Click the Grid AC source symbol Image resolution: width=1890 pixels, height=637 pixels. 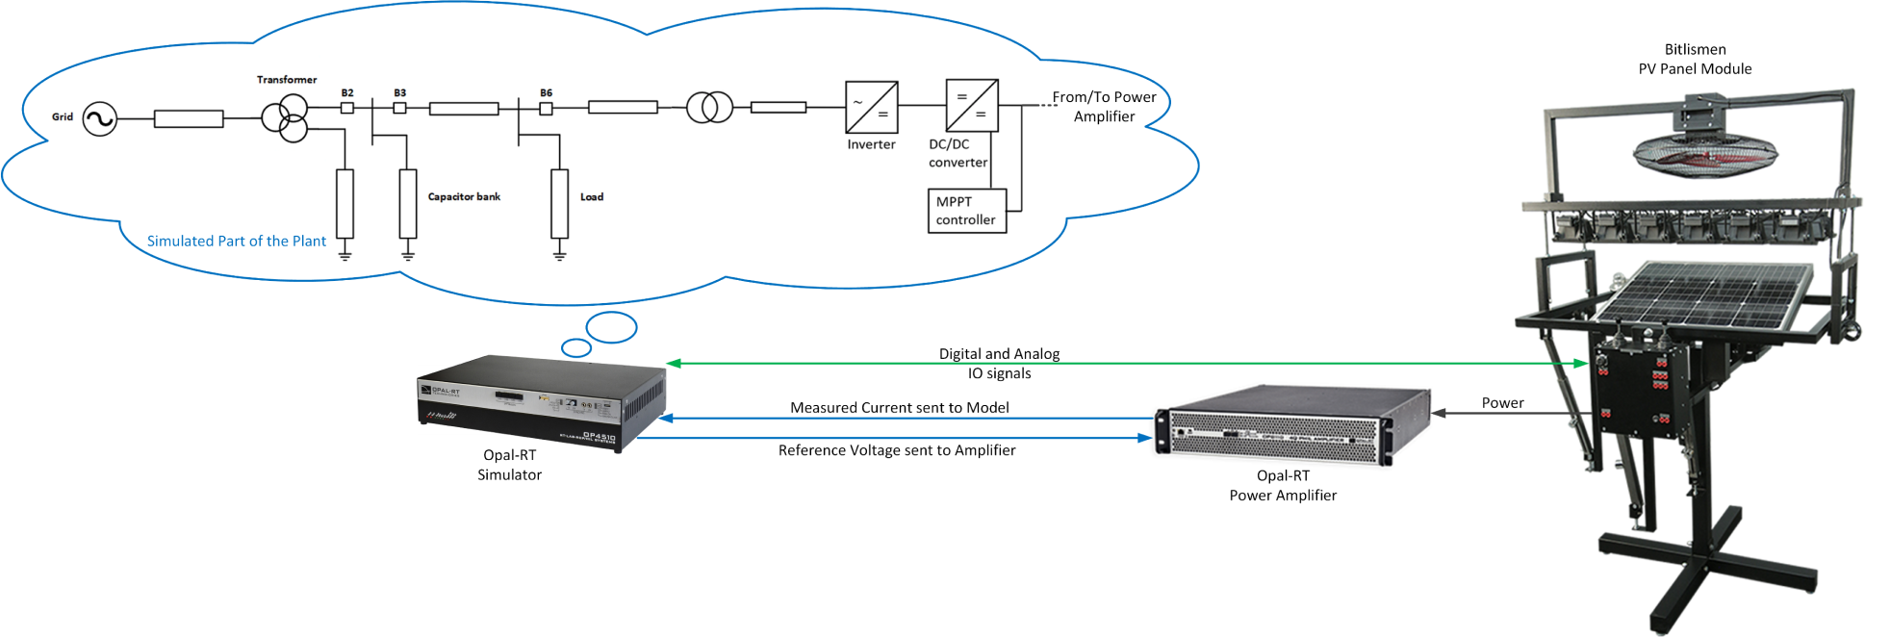click(x=99, y=119)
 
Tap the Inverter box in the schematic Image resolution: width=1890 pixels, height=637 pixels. click(x=871, y=107)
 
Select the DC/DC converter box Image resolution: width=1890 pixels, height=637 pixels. click(x=972, y=106)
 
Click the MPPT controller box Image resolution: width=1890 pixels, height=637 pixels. click(x=967, y=211)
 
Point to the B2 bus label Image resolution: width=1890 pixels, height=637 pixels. click(x=347, y=93)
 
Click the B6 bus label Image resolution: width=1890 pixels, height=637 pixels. click(x=546, y=93)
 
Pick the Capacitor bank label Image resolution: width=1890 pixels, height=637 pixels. click(x=464, y=196)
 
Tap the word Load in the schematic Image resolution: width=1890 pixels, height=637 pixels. click(x=592, y=197)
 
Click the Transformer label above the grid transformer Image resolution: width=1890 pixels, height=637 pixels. click(x=287, y=80)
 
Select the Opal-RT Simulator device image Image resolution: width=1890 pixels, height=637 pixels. click(x=542, y=401)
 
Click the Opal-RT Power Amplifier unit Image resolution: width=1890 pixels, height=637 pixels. click(x=1291, y=426)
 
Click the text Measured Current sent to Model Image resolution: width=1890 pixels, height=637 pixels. click(x=899, y=408)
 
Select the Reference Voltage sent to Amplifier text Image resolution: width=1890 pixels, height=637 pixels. click(x=897, y=450)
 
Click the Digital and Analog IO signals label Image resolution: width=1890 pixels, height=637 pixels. click(x=999, y=364)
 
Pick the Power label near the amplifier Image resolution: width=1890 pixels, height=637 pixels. click(x=1502, y=403)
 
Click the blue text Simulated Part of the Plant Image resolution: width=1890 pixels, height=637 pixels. click(x=236, y=242)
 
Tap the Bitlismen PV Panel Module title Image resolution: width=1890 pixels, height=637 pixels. click(x=1695, y=59)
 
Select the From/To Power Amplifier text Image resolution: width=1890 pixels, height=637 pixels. click(x=1104, y=107)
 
